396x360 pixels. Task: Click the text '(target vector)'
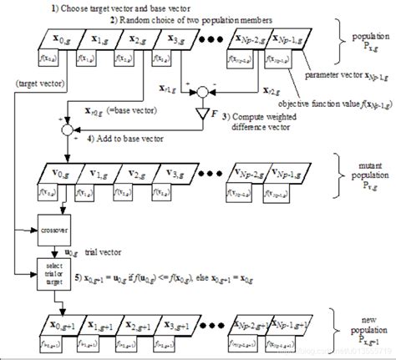pos(38,82)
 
